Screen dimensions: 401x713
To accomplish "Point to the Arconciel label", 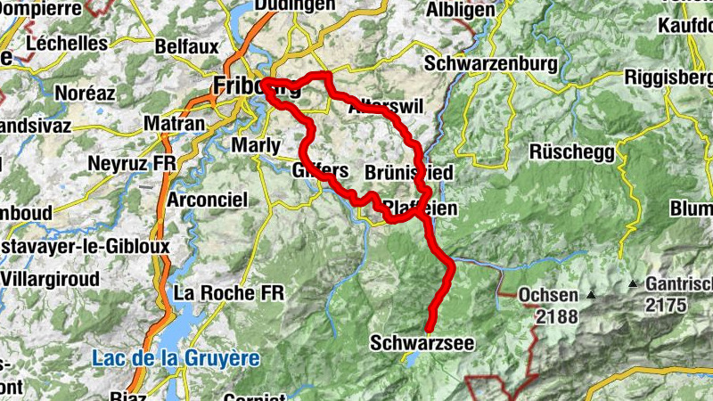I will (207, 200).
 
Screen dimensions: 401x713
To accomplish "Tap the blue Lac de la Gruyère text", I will (176, 358).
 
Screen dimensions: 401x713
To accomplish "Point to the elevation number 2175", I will (668, 306).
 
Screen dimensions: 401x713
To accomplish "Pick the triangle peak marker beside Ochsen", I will (590, 294).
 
